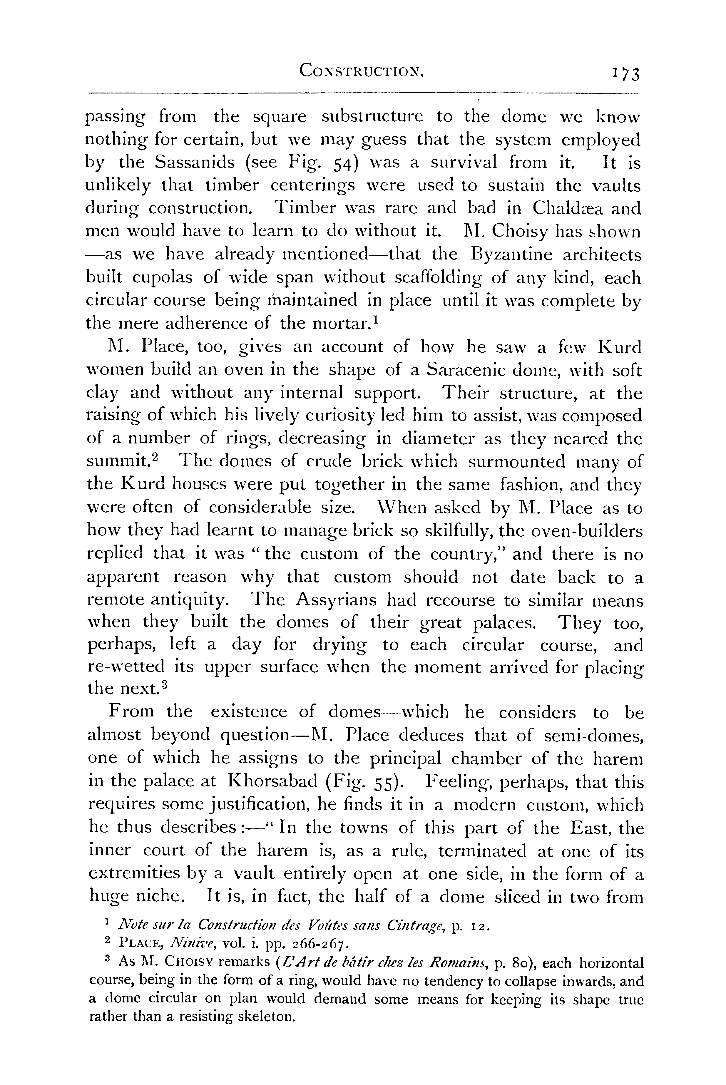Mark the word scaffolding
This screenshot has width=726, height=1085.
460,278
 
